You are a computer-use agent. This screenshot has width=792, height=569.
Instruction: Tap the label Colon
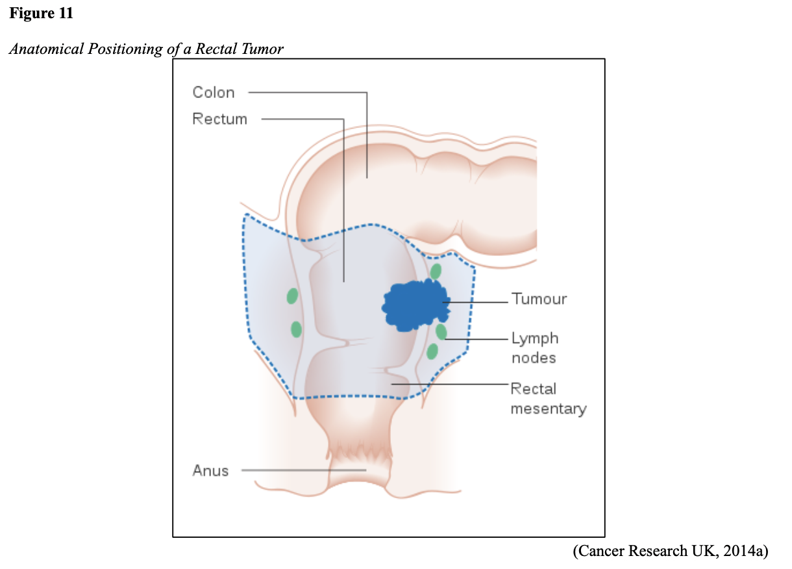213,93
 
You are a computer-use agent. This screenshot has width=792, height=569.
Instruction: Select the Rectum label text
219,120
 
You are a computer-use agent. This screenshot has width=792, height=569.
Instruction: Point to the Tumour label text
539,299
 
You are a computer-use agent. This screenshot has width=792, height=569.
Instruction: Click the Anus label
210,471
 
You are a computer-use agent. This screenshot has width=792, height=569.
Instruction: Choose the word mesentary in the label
548,409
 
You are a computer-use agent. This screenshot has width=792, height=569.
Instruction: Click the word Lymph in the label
535,338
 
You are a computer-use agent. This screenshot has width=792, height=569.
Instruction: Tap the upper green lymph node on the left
292,296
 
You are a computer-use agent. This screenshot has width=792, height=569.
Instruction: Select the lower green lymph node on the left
296,329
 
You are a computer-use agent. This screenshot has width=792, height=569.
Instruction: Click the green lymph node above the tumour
436,271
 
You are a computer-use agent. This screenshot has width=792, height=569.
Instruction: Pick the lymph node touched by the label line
441,332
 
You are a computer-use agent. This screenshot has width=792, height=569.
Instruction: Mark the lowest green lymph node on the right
432,352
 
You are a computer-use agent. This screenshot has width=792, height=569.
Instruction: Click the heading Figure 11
40,14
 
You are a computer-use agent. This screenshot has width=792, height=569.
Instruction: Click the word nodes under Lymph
534,358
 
